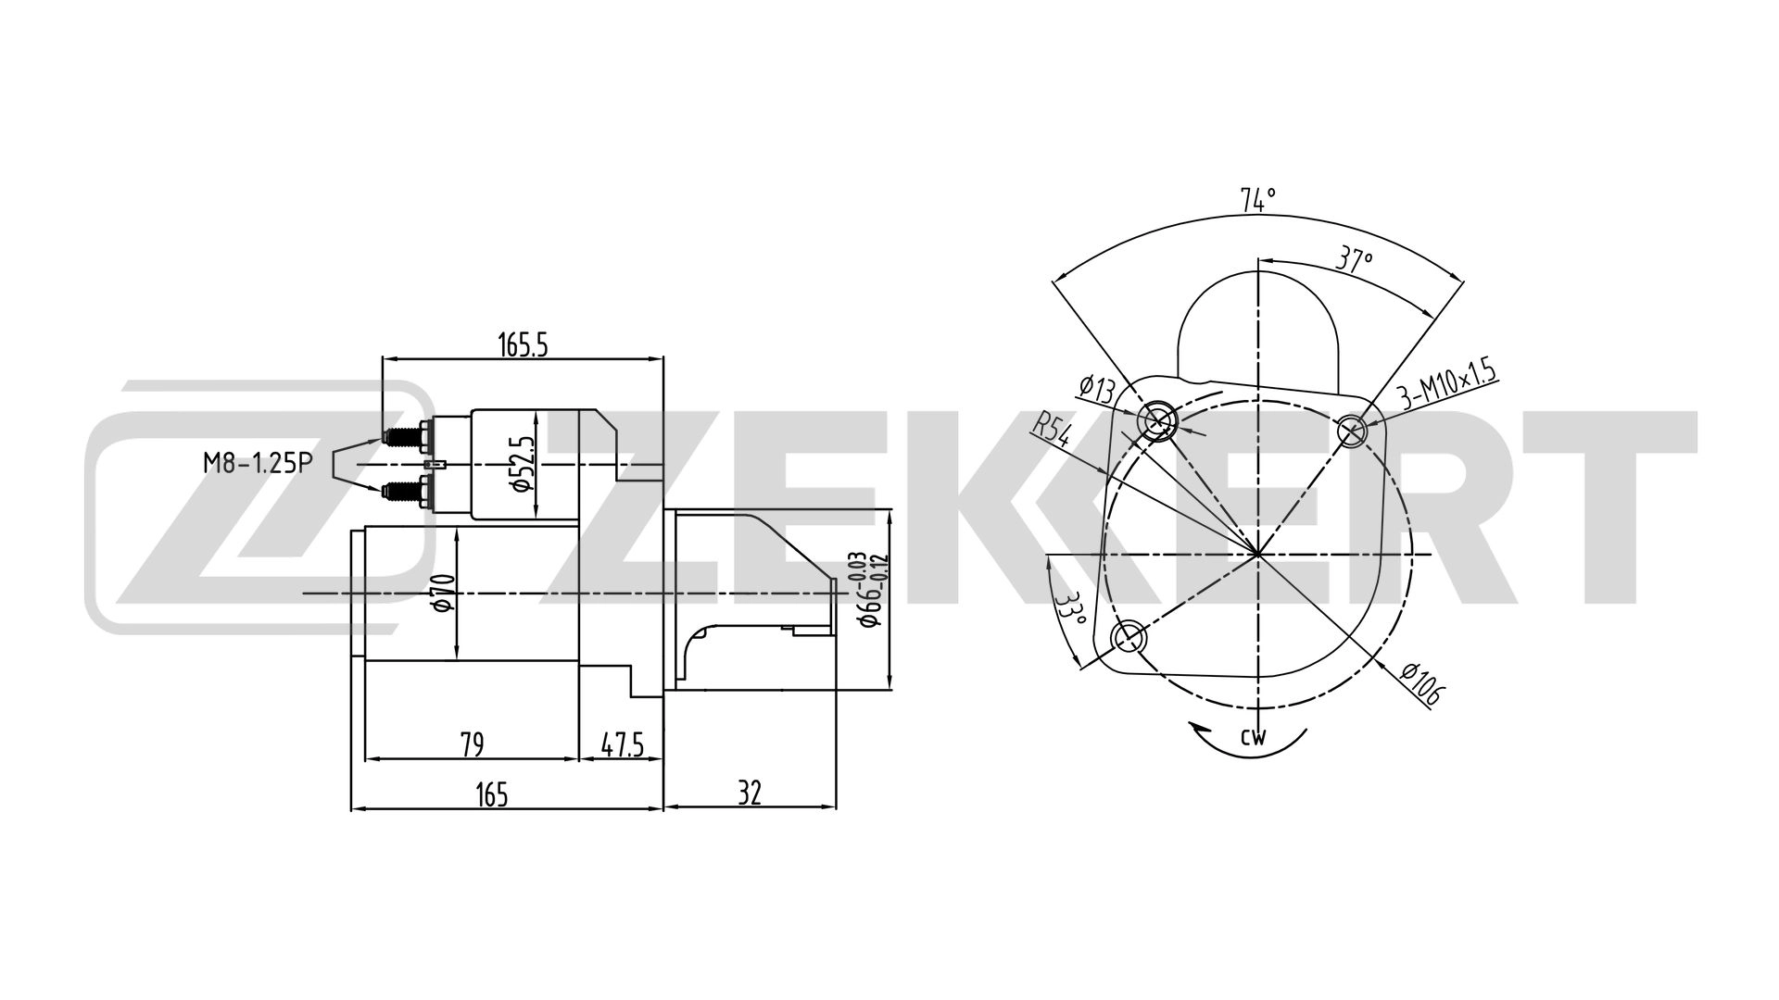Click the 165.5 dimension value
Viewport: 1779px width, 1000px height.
(x=524, y=344)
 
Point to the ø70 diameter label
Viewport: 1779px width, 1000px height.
(x=442, y=593)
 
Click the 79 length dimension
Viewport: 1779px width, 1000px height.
(x=472, y=744)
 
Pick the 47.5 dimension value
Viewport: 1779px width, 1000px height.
(x=622, y=744)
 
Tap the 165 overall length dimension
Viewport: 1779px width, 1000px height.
(x=492, y=794)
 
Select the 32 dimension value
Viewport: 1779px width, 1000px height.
(x=750, y=794)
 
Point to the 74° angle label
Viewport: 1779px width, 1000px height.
(x=1258, y=199)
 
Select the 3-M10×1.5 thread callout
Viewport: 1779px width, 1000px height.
(x=1446, y=385)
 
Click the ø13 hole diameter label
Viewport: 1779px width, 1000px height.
(x=1098, y=390)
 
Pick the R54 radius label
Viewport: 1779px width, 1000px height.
(x=1052, y=431)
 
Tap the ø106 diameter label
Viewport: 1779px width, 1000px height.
(x=1419, y=684)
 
